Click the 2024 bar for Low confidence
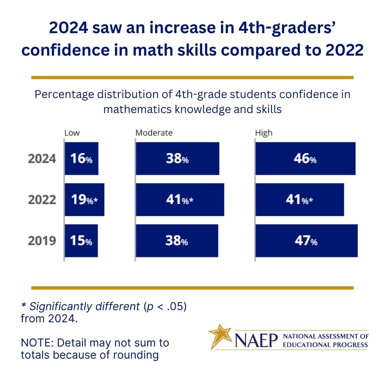pos(81,159)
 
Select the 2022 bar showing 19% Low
pos(84,200)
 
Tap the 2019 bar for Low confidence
pos(81,241)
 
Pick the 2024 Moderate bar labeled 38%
pos(177,159)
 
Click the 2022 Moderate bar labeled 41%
pos(180,200)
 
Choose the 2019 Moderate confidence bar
pos(177,241)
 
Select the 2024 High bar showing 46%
pos(306,159)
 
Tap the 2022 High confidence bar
pos(300,200)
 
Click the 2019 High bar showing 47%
pos(307,241)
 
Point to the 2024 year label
pos(42,159)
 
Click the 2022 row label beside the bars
pos(42,200)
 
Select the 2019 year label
pos(42,241)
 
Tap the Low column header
pos(72,133)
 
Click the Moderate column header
pos(154,133)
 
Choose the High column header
pos(264,133)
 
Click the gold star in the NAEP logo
pos(220,335)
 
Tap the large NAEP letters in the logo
pos(256,340)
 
